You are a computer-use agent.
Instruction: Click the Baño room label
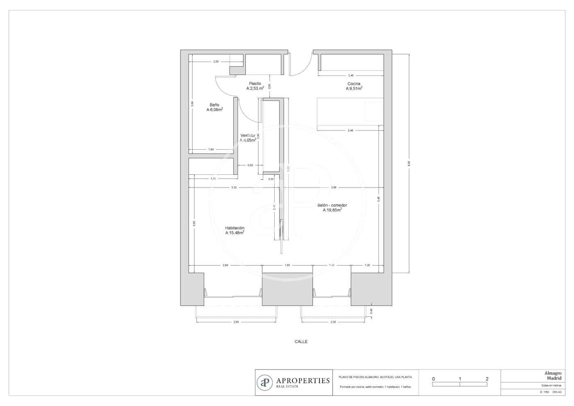(x=214, y=105)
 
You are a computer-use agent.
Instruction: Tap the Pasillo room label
(x=255, y=83)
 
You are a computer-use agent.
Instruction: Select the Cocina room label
(x=354, y=83)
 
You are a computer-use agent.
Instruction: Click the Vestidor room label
(x=248, y=135)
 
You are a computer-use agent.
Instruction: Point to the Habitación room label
(x=235, y=228)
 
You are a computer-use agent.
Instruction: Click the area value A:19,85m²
(x=332, y=210)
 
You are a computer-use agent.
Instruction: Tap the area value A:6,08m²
(x=214, y=110)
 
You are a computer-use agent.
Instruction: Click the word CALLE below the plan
(x=301, y=341)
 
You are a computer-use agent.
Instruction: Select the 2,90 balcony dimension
(x=236, y=322)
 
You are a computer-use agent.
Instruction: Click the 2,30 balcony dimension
(x=333, y=322)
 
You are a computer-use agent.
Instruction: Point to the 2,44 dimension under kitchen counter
(x=350, y=130)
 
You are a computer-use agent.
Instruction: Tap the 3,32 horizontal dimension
(x=234, y=187)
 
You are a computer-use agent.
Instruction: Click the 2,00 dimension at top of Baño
(x=216, y=62)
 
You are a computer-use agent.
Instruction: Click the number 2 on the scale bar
(x=487, y=379)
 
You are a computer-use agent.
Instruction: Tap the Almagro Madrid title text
(x=553, y=376)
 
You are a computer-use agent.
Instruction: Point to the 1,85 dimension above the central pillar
(x=287, y=265)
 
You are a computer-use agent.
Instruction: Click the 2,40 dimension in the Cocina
(x=351, y=75)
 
